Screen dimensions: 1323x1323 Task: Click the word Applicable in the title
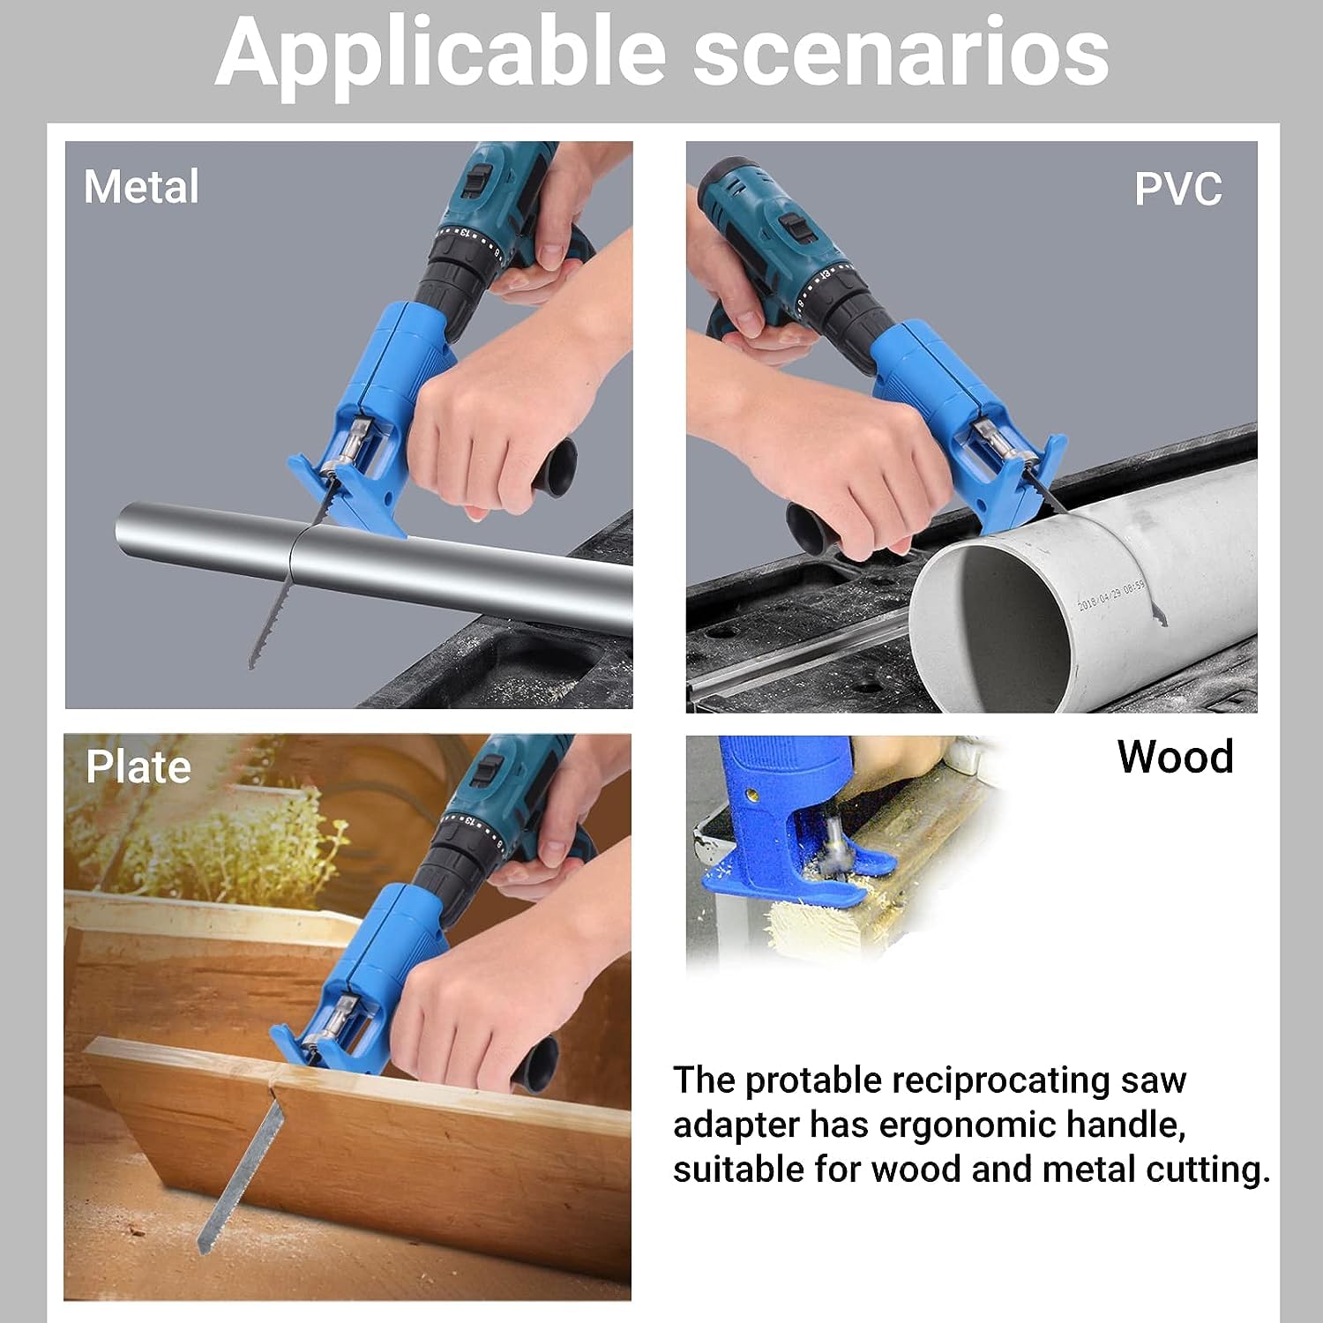coord(440,55)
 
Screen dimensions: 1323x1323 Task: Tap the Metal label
coord(141,187)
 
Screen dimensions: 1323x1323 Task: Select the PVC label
coord(1177,189)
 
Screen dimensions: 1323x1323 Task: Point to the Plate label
coord(138,767)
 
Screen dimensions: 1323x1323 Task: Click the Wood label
coord(1175,757)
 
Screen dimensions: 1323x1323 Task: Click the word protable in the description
coord(813,1081)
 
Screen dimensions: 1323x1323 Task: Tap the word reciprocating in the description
coord(1000,1081)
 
